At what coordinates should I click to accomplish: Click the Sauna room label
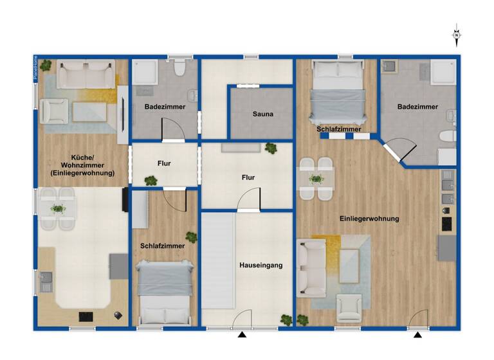[262, 114]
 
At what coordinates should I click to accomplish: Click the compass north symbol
[457, 35]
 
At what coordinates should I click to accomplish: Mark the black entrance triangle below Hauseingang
[242, 335]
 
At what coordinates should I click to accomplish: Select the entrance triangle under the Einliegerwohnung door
[418, 335]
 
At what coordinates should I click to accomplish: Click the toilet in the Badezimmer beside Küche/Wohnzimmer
[179, 67]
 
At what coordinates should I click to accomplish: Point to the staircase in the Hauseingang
[217, 270]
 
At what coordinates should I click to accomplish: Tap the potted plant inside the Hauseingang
[286, 319]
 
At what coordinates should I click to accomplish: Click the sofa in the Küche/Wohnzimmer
[86, 75]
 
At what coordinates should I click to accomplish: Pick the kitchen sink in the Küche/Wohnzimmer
[46, 280]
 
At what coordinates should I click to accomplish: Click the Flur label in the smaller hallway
[164, 163]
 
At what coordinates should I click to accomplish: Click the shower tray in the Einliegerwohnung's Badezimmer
[443, 72]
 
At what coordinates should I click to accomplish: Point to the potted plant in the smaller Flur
[151, 181]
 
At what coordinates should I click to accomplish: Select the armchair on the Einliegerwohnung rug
[349, 307]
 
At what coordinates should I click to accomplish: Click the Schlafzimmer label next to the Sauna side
[338, 129]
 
